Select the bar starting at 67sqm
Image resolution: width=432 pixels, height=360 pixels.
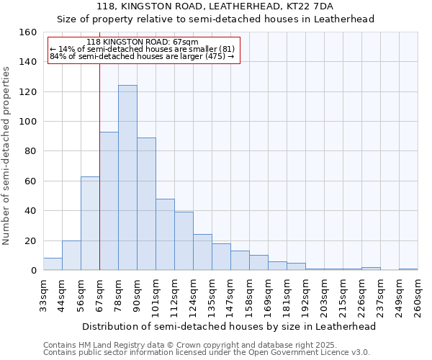(x=109, y=201)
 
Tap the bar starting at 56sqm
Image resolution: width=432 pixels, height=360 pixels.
(x=90, y=223)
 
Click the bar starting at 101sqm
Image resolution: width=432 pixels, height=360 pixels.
(x=165, y=235)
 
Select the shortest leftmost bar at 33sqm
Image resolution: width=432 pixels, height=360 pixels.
(x=53, y=264)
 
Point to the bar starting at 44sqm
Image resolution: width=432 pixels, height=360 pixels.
(x=71, y=256)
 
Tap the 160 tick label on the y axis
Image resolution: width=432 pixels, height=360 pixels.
(x=28, y=32)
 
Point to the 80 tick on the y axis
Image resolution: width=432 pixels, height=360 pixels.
(x=31, y=151)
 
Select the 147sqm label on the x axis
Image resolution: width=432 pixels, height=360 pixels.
(x=230, y=296)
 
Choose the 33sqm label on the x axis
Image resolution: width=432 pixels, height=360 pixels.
(x=43, y=296)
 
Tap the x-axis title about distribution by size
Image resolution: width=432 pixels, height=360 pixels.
(x=230, y=326)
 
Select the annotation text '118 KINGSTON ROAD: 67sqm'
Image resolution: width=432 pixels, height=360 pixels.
(x=142, y=42)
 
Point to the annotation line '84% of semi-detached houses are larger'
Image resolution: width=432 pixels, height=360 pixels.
(x=142, y=56)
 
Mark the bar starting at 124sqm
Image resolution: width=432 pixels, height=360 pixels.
(x=202, y=252)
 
